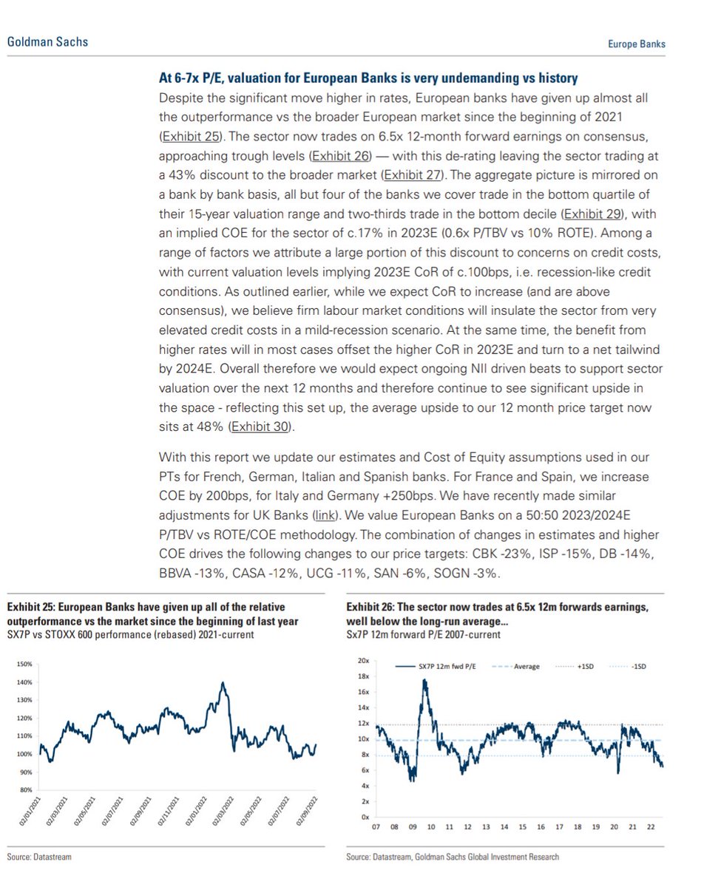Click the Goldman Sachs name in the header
pyautogui.click(x=47, y=41)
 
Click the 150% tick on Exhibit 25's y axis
pyautogui.click(x=24, y=664)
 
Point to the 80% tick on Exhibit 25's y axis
pyautogui.click(x=26, y=789)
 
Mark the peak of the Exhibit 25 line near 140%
pyautogui.click(x=222, y=683)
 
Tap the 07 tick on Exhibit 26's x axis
pyautogui.click(x=376, y=827)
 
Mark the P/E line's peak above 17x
pyautogui.click(x=425, y=680)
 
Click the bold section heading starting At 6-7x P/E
pyautogui.click(x=369, y=78)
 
